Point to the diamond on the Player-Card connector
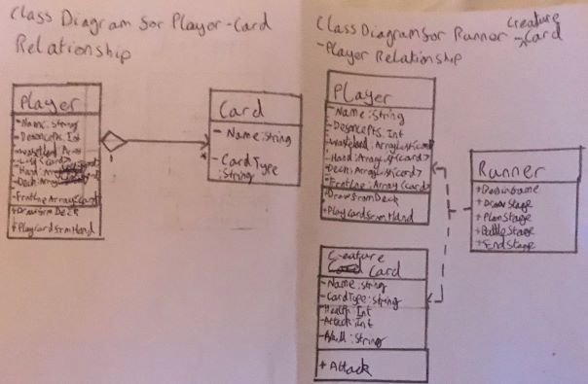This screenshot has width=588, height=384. coord(115,142)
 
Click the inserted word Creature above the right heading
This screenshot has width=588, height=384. coord(529,21)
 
